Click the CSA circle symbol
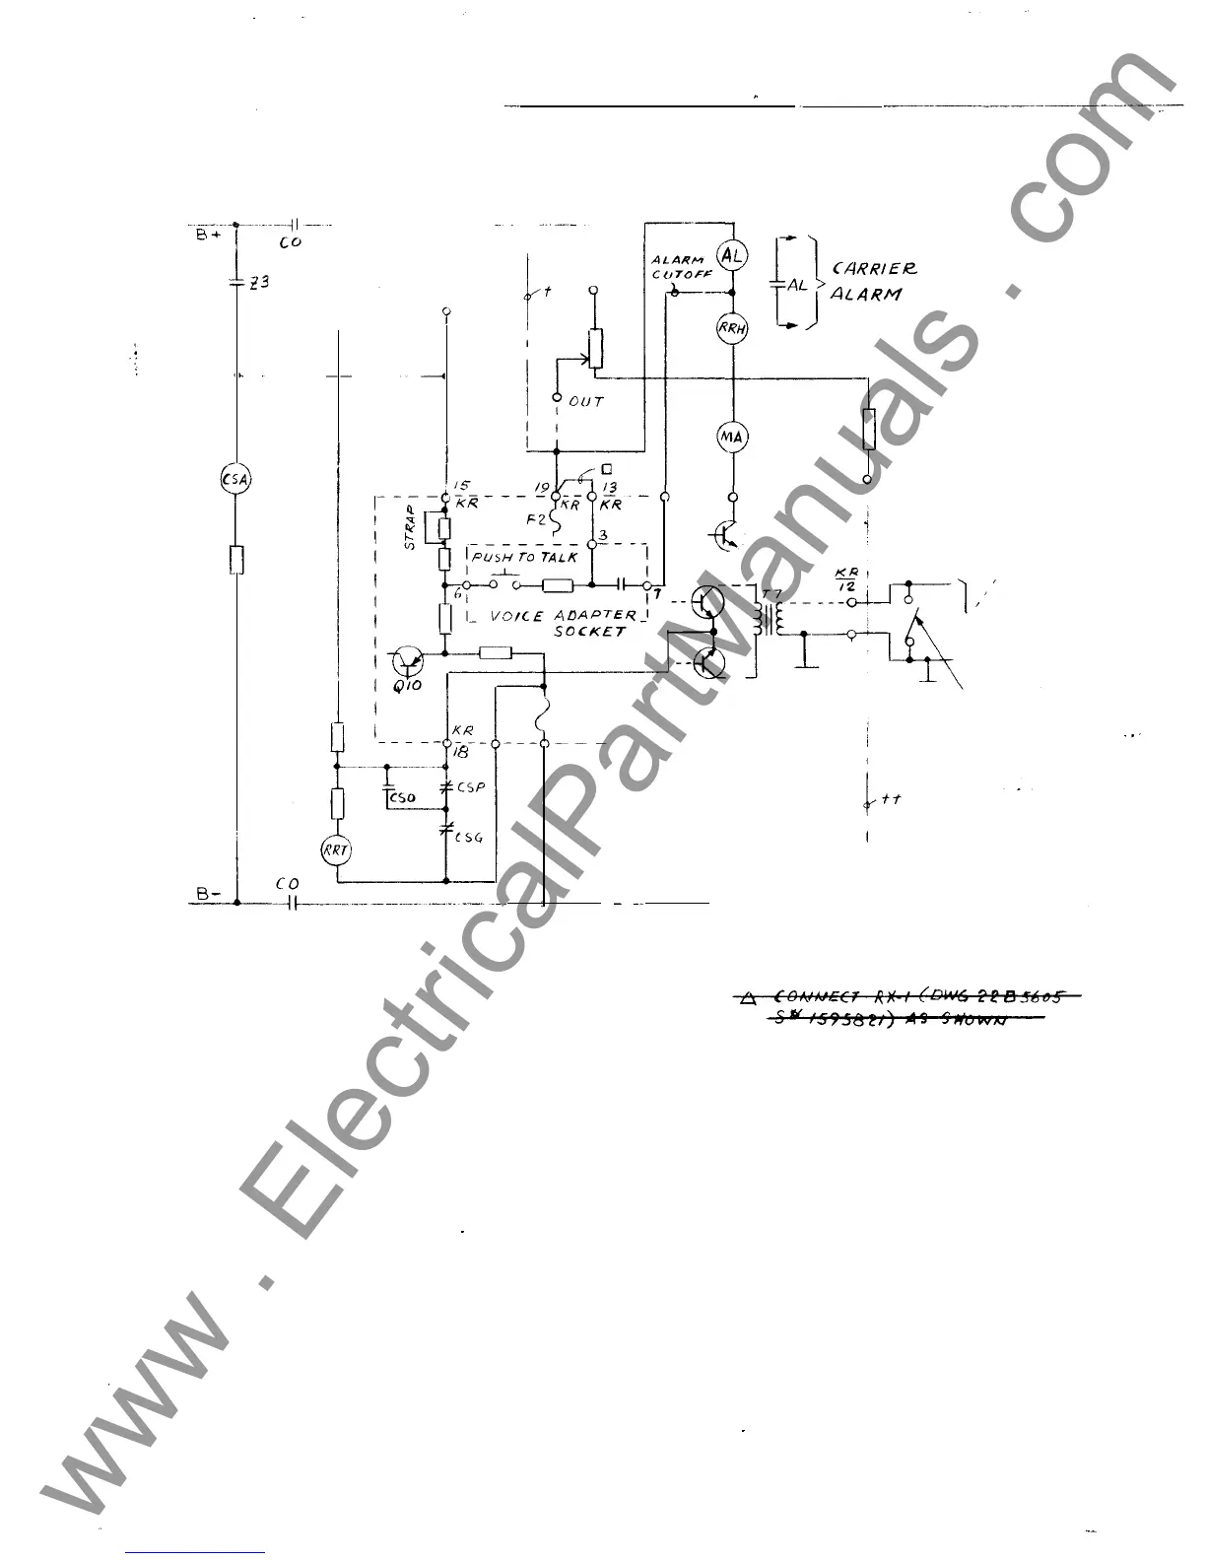235,480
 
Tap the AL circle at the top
732,256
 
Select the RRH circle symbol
732,329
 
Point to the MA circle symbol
732,437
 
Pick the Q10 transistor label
407,685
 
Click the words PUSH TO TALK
524,558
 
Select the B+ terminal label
207,237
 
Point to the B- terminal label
207,895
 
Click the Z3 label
259,282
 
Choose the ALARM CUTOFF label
680,267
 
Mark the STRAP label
410,527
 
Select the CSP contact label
470,788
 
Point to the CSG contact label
468,838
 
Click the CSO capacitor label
402,796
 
